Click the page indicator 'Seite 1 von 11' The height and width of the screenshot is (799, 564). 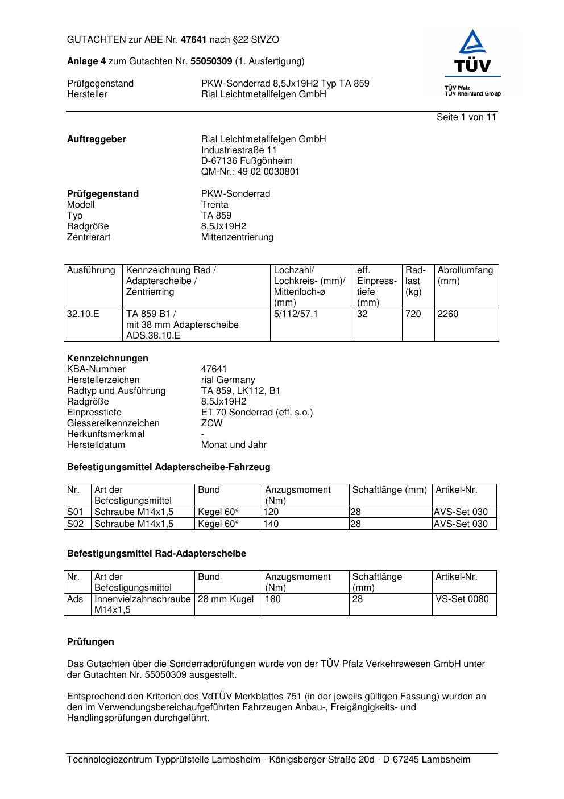[x=466, y=117]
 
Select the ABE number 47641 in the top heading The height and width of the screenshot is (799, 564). [x=194, y=40]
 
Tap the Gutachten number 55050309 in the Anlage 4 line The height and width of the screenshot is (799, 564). [x=211, y=61]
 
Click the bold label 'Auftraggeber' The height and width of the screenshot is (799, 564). [x=97, y=139]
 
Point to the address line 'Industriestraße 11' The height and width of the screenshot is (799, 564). [x=239, y=150]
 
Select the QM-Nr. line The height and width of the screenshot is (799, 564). [x=250, y=172]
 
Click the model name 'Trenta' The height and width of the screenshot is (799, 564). [x=215, y=205]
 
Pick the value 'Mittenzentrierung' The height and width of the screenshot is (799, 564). [x=237, y=237]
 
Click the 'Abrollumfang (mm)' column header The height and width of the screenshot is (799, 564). [x=465, y=275]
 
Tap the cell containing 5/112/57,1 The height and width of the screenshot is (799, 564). [x=296, y=314]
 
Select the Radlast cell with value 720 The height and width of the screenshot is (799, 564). [x=413, y=314]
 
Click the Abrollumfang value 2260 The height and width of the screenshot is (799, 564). [x=448, y=314]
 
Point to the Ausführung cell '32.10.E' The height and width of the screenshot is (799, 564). [x=83, y=314]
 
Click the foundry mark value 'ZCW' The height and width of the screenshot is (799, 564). [x=212, y=423]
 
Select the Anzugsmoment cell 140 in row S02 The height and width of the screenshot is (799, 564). [x=272, y=524]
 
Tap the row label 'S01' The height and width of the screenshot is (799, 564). [x=76, y=512]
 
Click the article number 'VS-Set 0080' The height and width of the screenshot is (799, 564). [x=462, y=599]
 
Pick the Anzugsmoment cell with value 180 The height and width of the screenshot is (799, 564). [x=273, y=599]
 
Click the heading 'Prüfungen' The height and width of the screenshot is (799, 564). [x=90, y=642]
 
